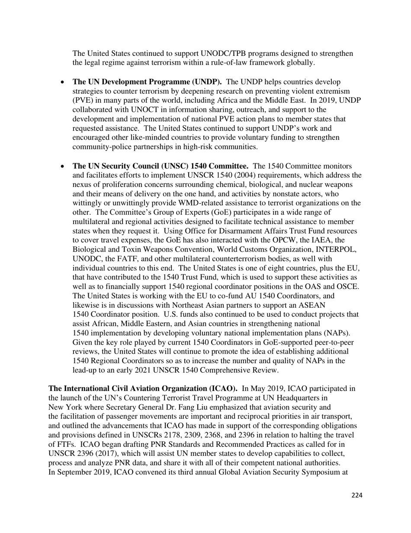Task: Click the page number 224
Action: pyautogui.click(x=357, y=495)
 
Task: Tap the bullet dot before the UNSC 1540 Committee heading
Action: pyautogui.click(x=63, y=166)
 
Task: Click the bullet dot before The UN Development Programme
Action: pyautogui.click(x=63, y=82)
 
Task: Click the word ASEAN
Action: pyautogui.click(x=312, y=305)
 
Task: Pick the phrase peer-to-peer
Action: pyautogui.click(x=335, y=342)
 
